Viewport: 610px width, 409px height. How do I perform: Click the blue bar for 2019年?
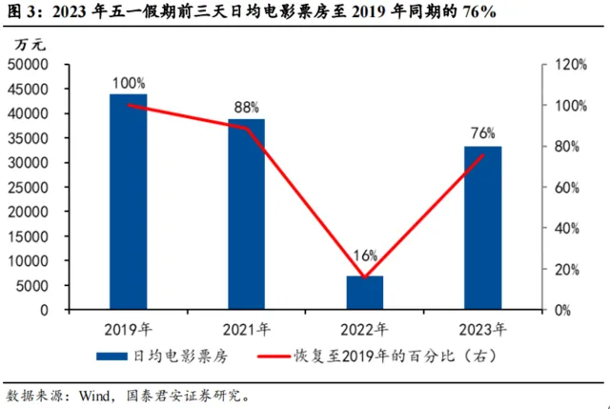tap(128, 202)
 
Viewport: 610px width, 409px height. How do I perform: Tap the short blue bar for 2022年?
tap(364, 293)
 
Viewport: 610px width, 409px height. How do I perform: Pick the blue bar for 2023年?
tap(482, 228)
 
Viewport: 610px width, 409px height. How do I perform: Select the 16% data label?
tap(364, 256)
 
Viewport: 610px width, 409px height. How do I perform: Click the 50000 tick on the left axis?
tap(28, 64)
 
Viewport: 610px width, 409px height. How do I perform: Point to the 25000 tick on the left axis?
tap(28, 187)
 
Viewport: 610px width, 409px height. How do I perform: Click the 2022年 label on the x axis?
tap(364, 328)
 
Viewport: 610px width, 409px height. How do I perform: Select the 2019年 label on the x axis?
tap(128, 328)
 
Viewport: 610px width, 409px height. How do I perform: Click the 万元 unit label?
tap(29, 45)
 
